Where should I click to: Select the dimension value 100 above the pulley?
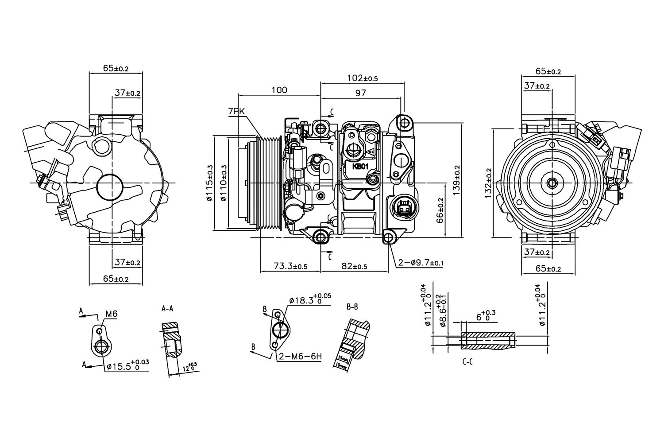(x=279, y=90)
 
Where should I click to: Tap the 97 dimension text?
(x=360, y=93)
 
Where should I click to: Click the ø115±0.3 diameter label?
(x=210, y=183)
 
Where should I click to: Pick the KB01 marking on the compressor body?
(x=360, y=167)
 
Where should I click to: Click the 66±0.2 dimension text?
(x=440, y=211)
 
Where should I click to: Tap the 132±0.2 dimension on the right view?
(x=488, y=183)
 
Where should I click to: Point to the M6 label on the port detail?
(x=111, y=314)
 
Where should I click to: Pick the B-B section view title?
(x=352, y=306)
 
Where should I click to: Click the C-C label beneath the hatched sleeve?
(x=467, y=362)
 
